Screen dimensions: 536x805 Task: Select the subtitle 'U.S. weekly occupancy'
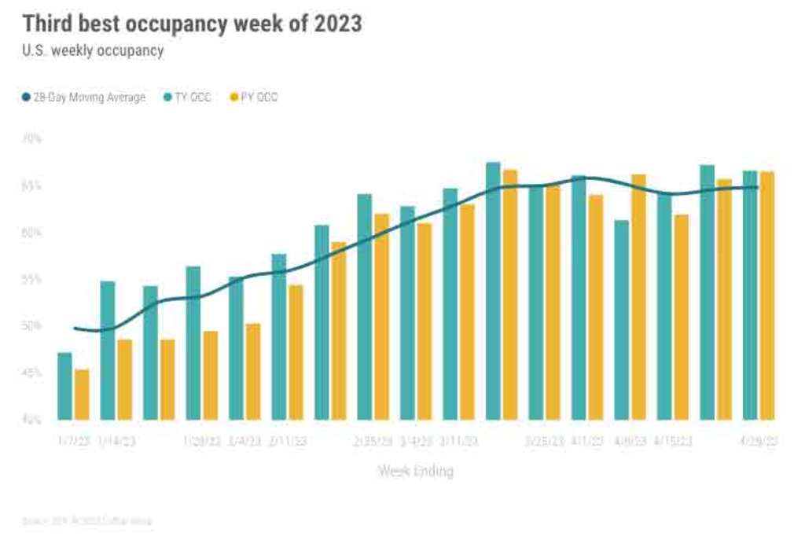click(x=93, y=51)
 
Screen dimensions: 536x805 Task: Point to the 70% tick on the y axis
click(x=31, y=139)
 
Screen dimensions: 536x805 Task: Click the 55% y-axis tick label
click(x=31, y=280)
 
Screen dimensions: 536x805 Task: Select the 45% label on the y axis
click(x=31, y=373)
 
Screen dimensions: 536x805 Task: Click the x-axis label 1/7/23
click(x=74, y=442)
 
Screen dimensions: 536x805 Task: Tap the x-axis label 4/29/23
click(x=759, y=442)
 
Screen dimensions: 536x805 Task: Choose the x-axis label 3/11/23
click(x=458, y=442)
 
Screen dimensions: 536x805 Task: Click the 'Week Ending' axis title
click(x=416, y=472)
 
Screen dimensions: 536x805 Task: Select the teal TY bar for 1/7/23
click(x=65, y=386)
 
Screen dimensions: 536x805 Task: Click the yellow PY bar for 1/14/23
click(x=125, y=380)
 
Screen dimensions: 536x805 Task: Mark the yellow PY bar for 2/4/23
click(x=253, y=372)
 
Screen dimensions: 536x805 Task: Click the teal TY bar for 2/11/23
click(x=279, y=337)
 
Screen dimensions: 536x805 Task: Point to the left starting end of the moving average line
click(x=75, y=328)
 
